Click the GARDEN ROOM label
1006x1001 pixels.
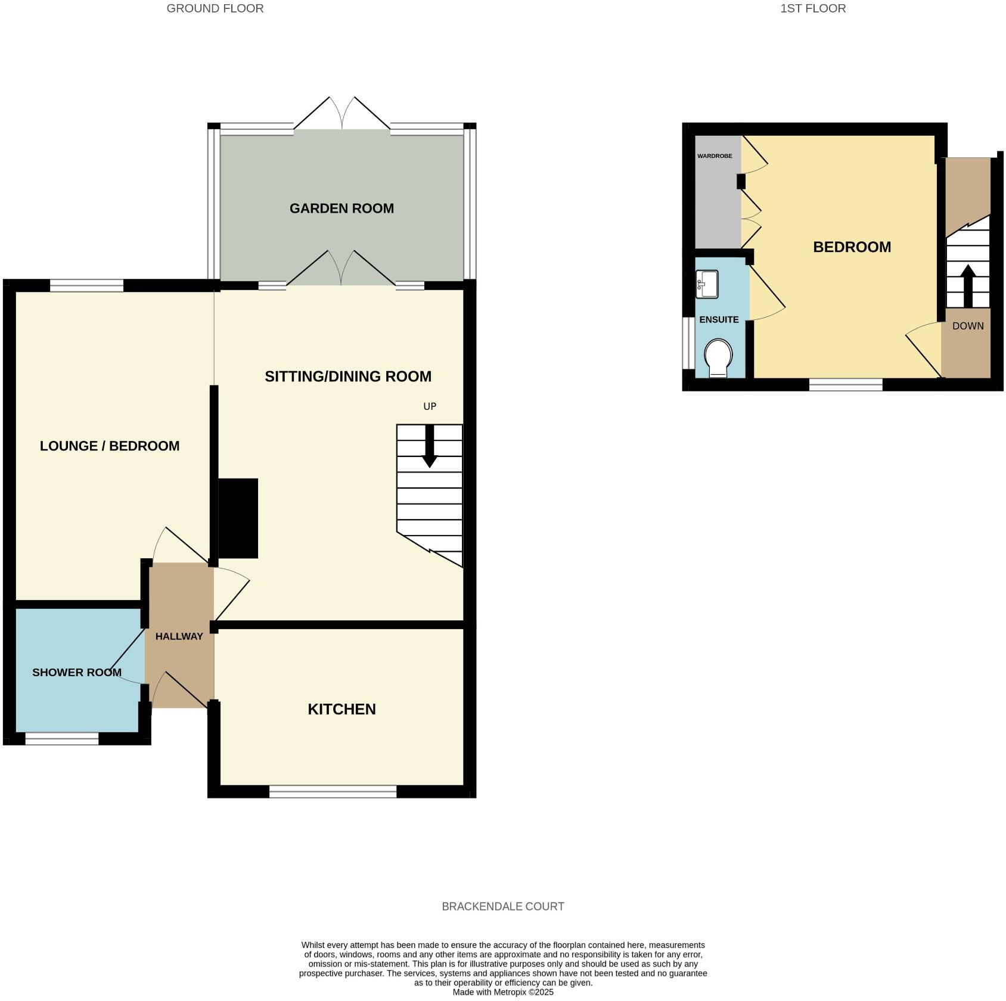(x=341, y=209)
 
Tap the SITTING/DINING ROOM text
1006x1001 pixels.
(x=348, y=377)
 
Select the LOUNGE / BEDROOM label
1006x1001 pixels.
(x=110, y=446)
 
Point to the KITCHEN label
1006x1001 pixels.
(x=341, y=709)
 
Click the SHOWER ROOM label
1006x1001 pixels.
(x=77, y=673)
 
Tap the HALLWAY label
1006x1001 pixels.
(x=179, y=636)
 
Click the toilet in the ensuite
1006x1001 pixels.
(x=718, y=358)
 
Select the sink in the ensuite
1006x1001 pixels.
(x=707, y=284)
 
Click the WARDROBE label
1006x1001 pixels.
(x=715, y=156)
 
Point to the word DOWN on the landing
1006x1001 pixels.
(x=968, y=326)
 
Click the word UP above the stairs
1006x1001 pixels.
(x=430, y=406)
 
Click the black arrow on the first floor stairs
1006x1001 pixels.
(x=968, y=285)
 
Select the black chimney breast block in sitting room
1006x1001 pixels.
(x=238, y=518)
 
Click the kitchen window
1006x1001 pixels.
(x=333, y=791)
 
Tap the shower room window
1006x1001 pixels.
(x=62, y=739)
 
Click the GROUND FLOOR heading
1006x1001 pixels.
(x=215, y=8)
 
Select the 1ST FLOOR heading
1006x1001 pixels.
(x=813, y=8)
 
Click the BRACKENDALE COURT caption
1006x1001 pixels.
(x=503, y=906)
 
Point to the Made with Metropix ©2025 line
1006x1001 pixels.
(x=503, y=992)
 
